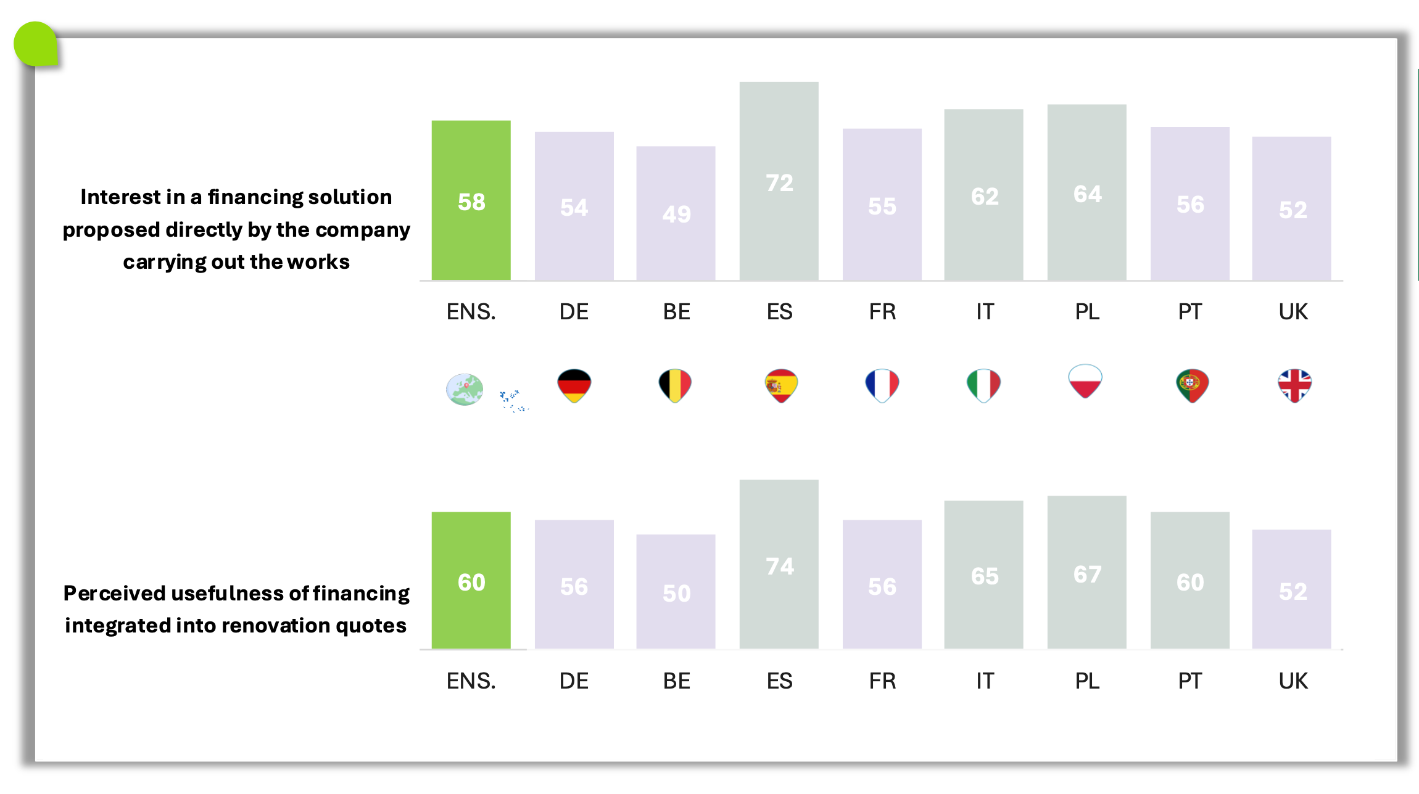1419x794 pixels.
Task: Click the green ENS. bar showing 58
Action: pyautogui.click(x=471, y=200)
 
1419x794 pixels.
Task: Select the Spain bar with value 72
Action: pyautogui.click(x=779, y=181)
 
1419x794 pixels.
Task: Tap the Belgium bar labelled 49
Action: pyautogui.click(x=676, y=213)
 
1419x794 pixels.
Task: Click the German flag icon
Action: pyautogui.click(x=574, y=385)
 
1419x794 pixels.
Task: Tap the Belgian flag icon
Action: pyautogui.click(x=675, y=385)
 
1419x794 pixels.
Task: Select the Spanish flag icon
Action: pyautogui.click(x=781, y=385)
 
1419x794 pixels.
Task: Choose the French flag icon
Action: pyautogui.click(x=882, y=385)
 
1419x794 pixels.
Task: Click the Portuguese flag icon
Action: pyautogui.click(x=1192, y=385)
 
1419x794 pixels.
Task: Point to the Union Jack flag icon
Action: pyautogui.click(x=1294, y=385)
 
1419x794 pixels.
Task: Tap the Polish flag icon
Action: pyautogui.click(x=1085, y=381)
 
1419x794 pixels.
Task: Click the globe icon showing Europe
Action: pyautogui.click(x=465, y=390)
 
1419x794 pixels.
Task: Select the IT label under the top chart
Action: pyautogui.click(x=985, y=312)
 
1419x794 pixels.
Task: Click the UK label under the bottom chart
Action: pyautogui.click(x=1293, y=681)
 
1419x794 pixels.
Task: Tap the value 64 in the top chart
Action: pyautogui.click(x=1087, y=194)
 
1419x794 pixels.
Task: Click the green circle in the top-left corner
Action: pyautogui.click(x=36, y=44)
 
